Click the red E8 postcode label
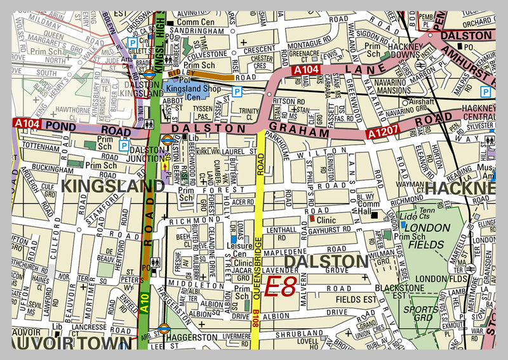point(280,288)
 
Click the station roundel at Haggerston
point(163,329)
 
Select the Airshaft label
point(422,102)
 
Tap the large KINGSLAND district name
point(113,186)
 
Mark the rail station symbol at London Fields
point(471,270)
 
